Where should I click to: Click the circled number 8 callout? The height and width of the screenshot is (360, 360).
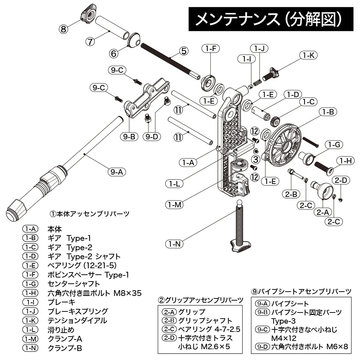(x=64, y=29)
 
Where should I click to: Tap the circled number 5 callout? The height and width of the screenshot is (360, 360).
(x=184, y=51)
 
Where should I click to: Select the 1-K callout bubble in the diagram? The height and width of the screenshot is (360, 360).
(x=309, y=55)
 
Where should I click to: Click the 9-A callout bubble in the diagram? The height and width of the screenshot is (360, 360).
(x=116, y=172)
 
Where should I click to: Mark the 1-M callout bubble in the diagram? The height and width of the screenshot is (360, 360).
(x=174, y=205)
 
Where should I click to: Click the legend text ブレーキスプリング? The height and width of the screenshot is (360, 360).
(x=77, y=311)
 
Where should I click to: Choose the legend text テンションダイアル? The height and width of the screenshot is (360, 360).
(x=77, y=320)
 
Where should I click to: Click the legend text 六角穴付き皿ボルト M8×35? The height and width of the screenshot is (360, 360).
(x=94, y=293)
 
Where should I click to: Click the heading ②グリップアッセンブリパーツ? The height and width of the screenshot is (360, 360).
(x=201, y=300)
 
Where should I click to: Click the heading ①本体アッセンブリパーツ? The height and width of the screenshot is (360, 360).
(x=89, y=213)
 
